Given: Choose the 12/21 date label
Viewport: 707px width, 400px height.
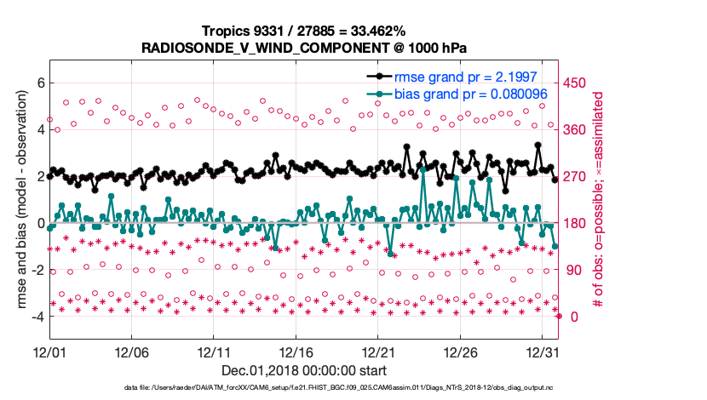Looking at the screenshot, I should pyautogui.click(x=378, y=351).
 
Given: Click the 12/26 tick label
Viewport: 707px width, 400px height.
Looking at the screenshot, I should pyautogui.click(x=461, y=351).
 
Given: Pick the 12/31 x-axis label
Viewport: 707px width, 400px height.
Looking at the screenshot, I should pyautogui.click(x=543, y=351).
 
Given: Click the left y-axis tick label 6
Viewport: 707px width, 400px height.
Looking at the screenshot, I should pyautogui.click(x=39, y=83).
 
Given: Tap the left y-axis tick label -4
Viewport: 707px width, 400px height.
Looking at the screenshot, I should pyautogui.click(x=37, y=317).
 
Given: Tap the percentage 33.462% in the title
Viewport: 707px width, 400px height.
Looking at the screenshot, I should pyautogui.click(x=368, y=31).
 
